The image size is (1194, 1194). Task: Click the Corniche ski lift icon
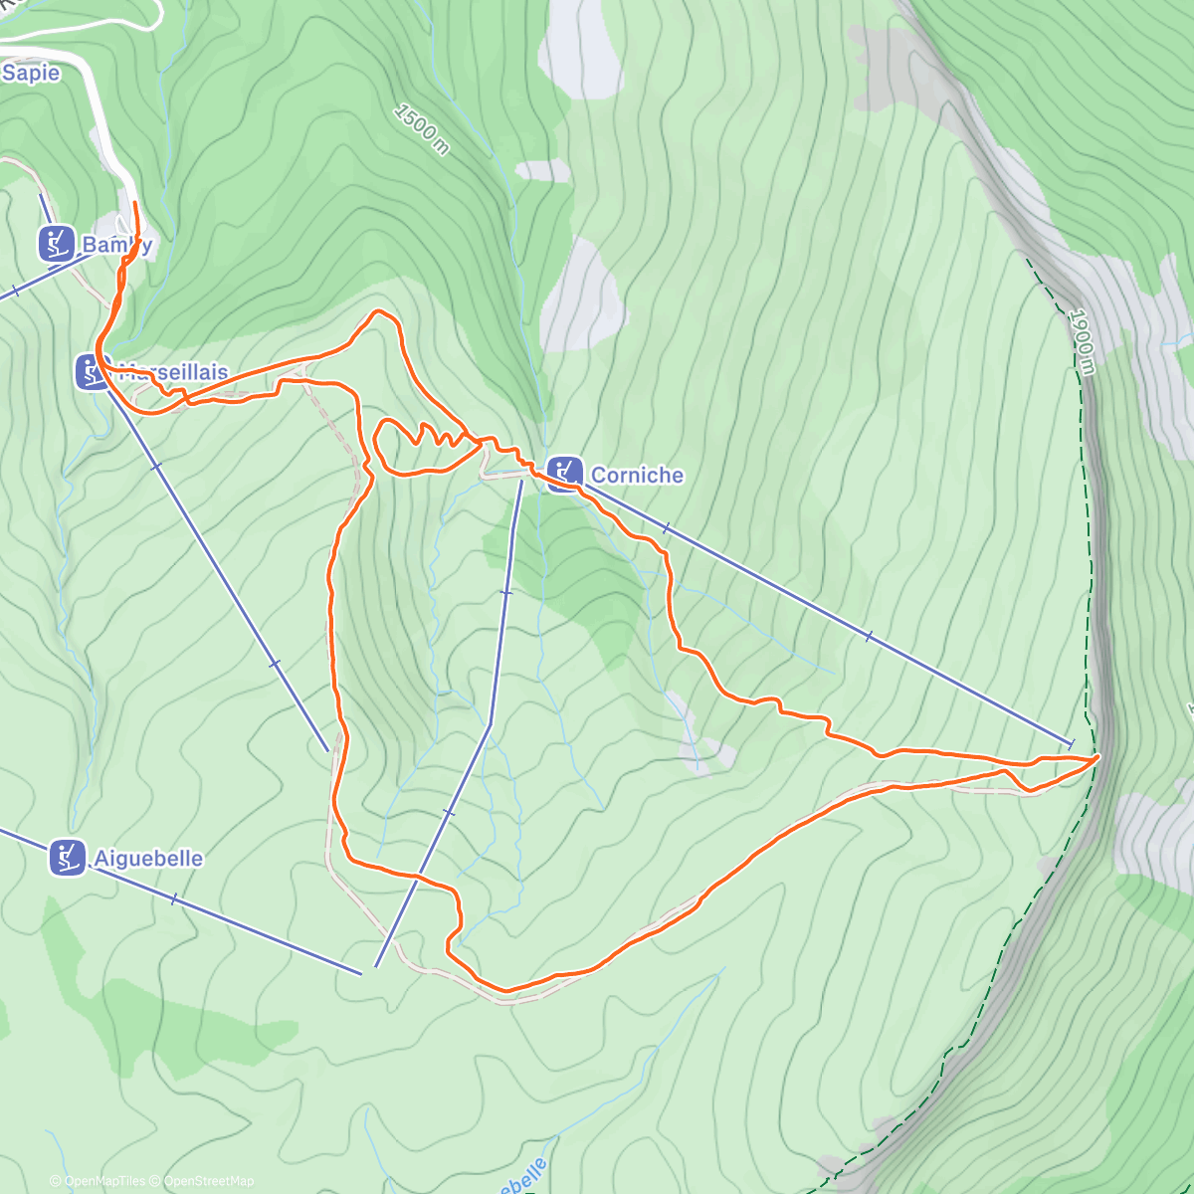tap(564, 474)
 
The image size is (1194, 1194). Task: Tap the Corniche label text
tap(637, 475)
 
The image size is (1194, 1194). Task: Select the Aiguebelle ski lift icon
tap(67, 858)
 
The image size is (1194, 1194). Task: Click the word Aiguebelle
tap(148, 858)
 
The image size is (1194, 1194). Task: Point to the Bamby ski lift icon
tap(57, 243)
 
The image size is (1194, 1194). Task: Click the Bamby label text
tap(116, 244)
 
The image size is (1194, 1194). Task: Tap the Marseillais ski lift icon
tap(92, 372)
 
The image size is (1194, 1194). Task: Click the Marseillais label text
tap(173, 372)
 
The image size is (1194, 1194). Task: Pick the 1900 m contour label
tap(1082, 341)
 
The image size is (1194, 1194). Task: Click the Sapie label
tap(31, 73)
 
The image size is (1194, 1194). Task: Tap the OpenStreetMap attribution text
tap(208, 1181)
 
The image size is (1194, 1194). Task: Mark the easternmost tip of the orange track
tap(1099, 757)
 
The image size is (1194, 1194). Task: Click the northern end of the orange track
tap(135, 203)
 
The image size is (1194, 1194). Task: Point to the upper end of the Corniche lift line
tap(1071, 743)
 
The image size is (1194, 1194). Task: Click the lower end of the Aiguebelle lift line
tap(360, 972)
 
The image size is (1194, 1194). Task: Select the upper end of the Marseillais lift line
tap(326, 749)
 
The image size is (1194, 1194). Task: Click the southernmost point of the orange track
tap(506, 991)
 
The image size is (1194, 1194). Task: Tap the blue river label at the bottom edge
tap(522, 1177)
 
